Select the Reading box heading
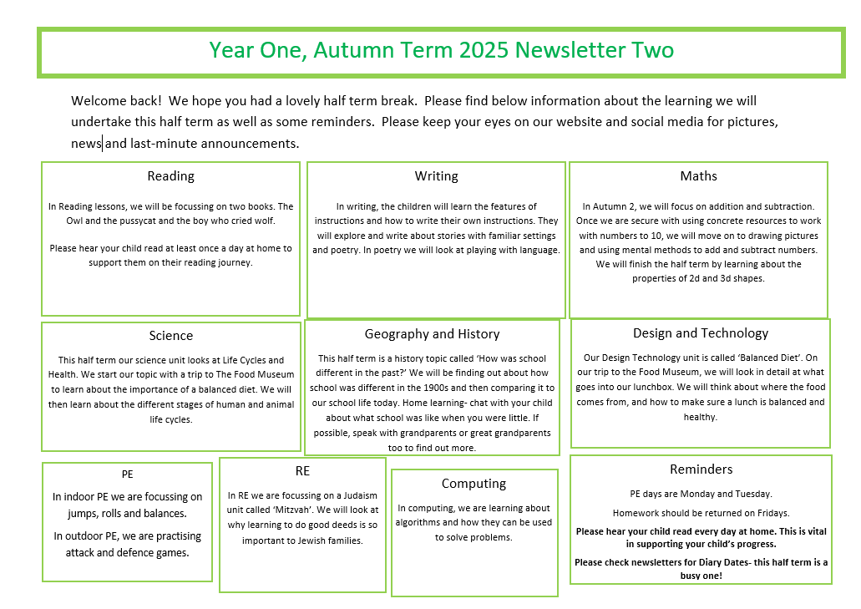coord(170,176)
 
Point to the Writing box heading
coord(436,176)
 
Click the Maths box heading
coord(698,176)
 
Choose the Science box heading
coord(170,336)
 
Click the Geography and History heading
coord(432,334)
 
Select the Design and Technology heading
coord(700,333)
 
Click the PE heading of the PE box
coord(127,475)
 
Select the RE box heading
coord(302,472)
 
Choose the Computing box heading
coord(474,484)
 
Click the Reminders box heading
coord(701,469)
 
